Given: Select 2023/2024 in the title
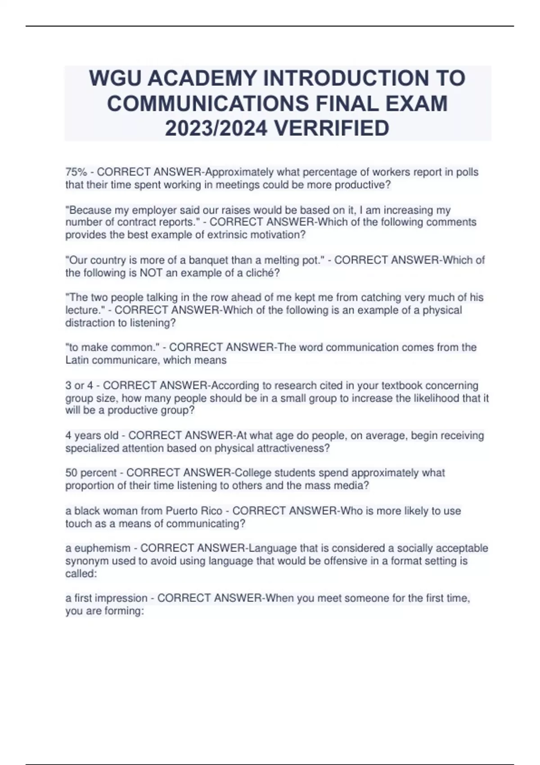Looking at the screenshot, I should tap(216, 128).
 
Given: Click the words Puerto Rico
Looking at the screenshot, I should tap(194, 511).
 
